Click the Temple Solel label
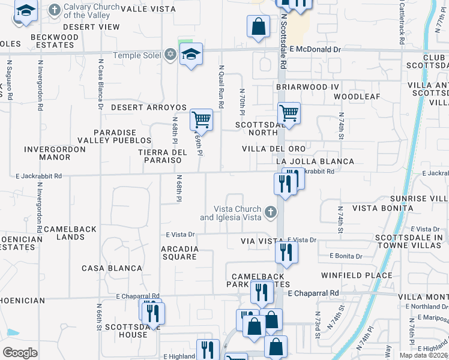pyautogui.click(x=144, y=55)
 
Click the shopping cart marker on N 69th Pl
pyautogui.click(x=202, y=119)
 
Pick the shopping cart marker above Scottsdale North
pyautogui.click(x=289, y=112)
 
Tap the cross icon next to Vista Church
pyautogui.click(x=271, y=212)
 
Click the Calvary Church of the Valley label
pyautogui.click(x=92, y=11)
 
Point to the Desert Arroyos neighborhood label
pyautogui.click(x=149, y=107)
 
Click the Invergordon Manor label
pyautogui.click(x=47, y=153)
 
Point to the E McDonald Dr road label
pyautogui.click(x=315, y=50)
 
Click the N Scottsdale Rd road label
pyautogui.click(x=282, y=42)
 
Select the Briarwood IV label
pyautogui.click(x=308, y=87)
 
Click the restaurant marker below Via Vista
pyautogui.click(x=286, y=252)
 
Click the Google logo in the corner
pyautogui.click(x=20, y=353)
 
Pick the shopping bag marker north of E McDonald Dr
pyautogui.click(x=258, y=26)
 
